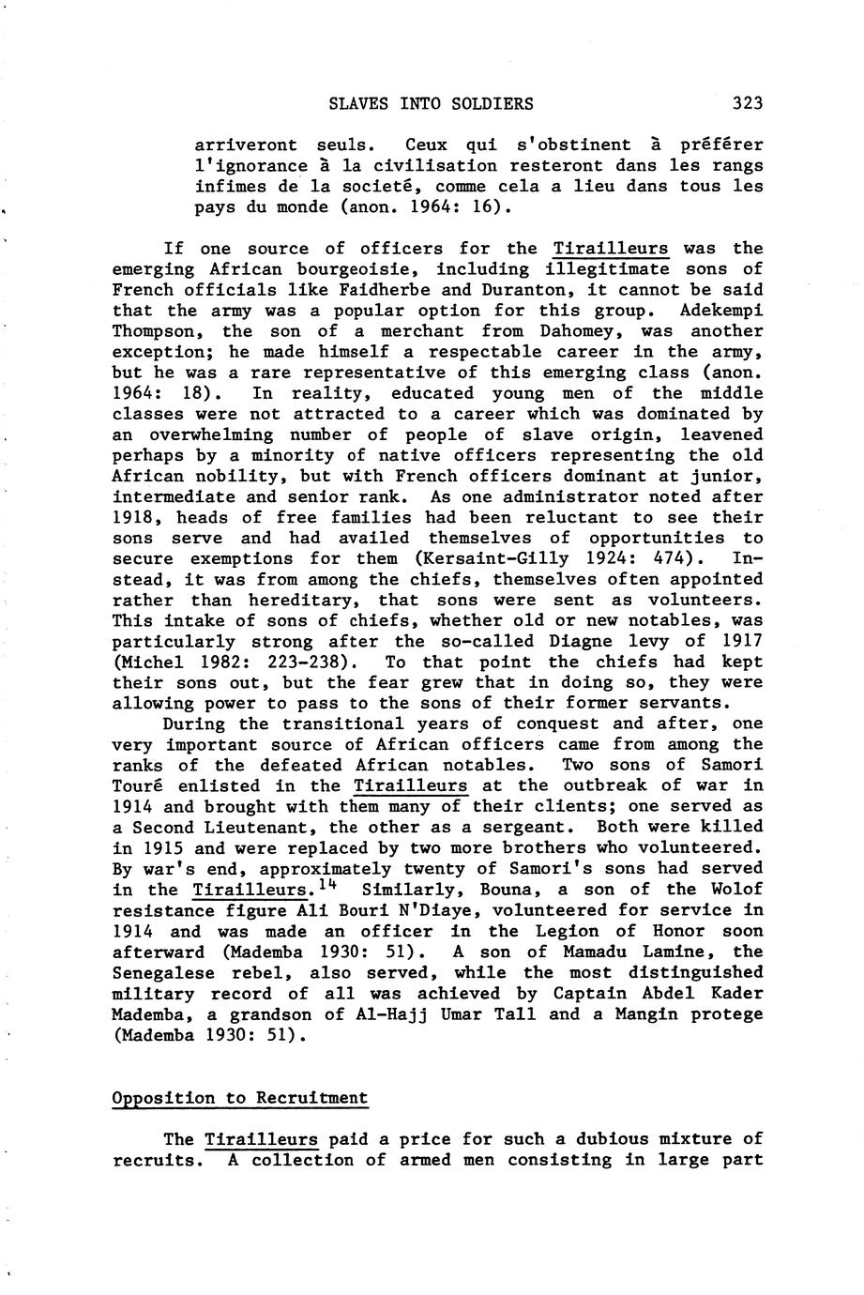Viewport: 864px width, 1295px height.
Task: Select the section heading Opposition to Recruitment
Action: coord(239,1098)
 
